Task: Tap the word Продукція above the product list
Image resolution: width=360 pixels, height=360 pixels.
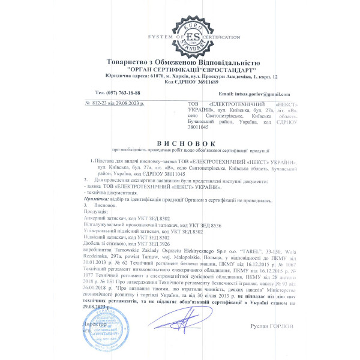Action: tap(95, 212)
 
